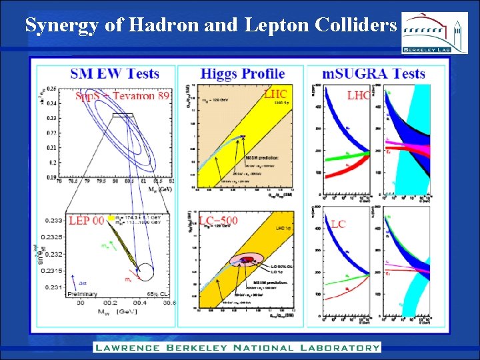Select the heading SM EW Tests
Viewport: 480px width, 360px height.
115,73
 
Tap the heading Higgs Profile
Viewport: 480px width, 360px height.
243,74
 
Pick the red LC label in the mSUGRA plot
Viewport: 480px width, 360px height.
339,225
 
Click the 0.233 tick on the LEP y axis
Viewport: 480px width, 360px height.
53,219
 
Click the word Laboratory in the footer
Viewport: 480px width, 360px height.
339,347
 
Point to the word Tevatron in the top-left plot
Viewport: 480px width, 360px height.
136,96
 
